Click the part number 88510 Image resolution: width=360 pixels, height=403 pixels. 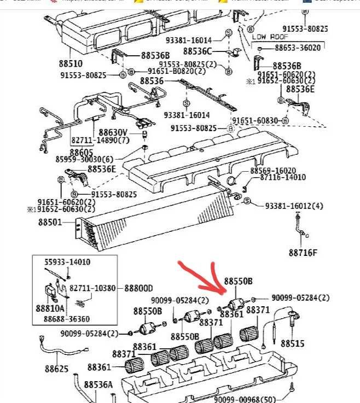pos(71,63)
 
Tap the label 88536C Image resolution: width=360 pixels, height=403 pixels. pos(197,51)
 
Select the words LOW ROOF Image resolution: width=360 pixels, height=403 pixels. pos(270,37)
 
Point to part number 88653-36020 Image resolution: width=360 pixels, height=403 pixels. pos(298,48)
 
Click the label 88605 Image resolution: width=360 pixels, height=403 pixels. pos(81,151)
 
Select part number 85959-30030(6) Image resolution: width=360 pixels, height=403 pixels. pos(85,160)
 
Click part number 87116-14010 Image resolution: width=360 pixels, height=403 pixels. pos(283,178)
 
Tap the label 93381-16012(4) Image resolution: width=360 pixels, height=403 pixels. pos(294,206)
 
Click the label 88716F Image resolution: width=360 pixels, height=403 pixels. pos(303,253)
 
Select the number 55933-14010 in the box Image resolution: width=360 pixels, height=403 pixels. pos(67,262)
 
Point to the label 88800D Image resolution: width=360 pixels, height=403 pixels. pos(138,288)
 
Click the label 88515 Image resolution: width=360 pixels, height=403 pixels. pos(292,343)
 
